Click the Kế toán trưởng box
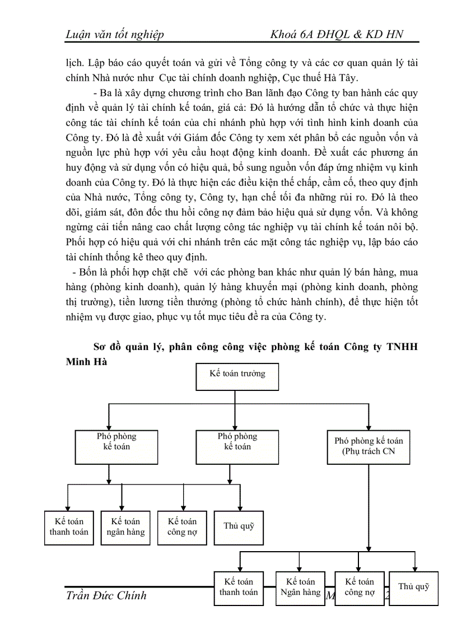click(x=237, y=376)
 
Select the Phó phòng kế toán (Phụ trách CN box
click(x=369, y=446)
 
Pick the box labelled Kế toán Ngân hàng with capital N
click(x=301, y=588)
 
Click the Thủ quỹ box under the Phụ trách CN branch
click(x=413, y=588)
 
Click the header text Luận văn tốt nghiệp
click(x=115, y=35)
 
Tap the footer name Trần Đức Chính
click(x=106, y=595)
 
